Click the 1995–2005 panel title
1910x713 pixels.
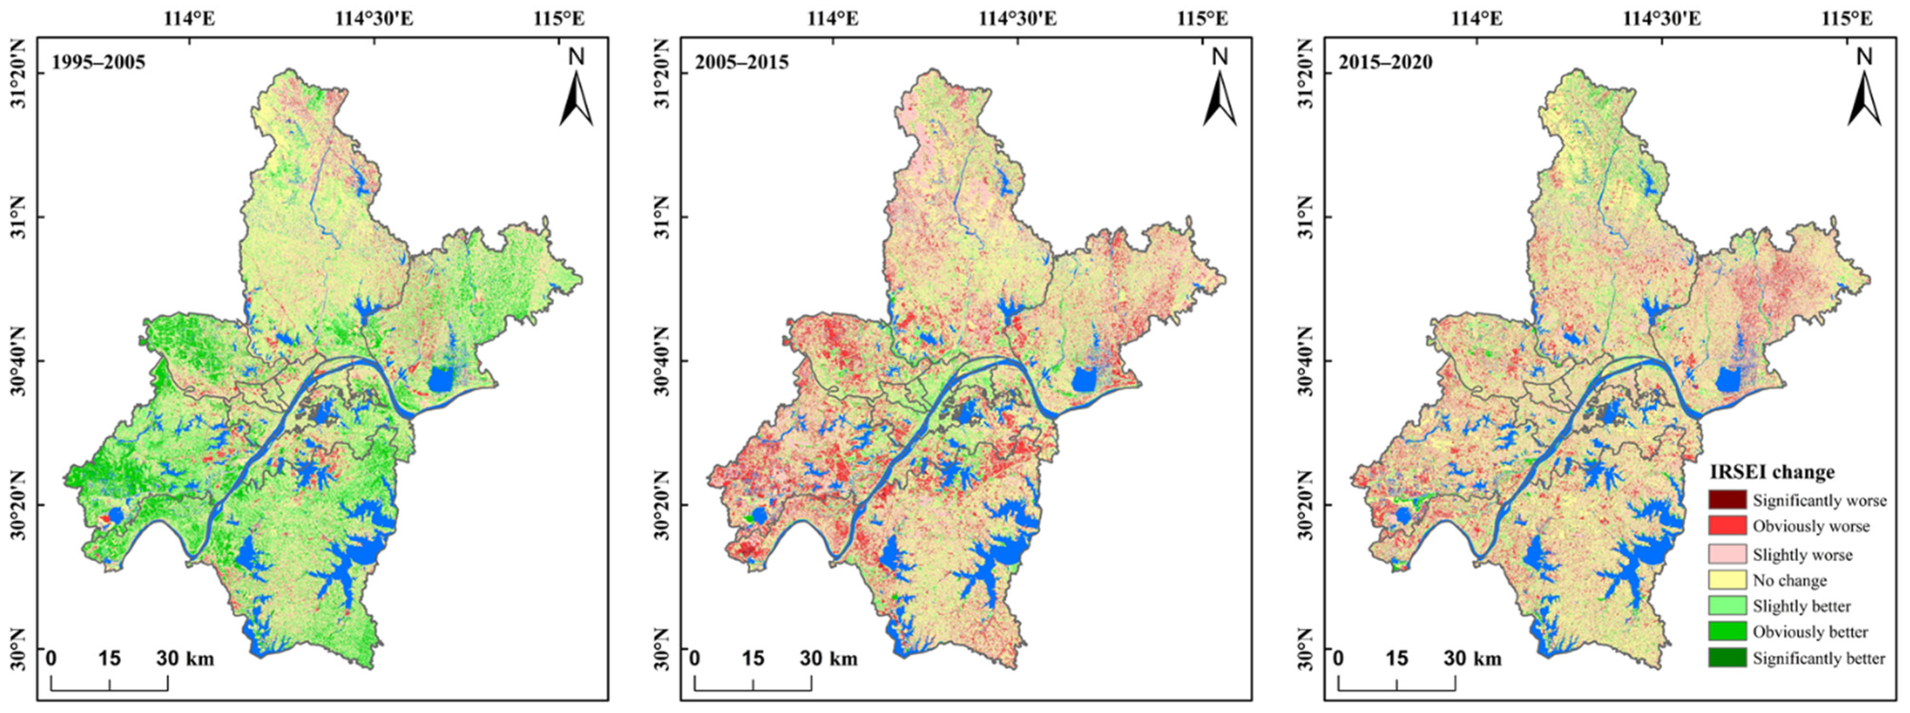[98, 62]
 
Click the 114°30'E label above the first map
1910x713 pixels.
[375, 18]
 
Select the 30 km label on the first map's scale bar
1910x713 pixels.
[186, 658]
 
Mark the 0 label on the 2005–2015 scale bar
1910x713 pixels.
[695, 658]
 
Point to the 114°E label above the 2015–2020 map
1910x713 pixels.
[1477, 18]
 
